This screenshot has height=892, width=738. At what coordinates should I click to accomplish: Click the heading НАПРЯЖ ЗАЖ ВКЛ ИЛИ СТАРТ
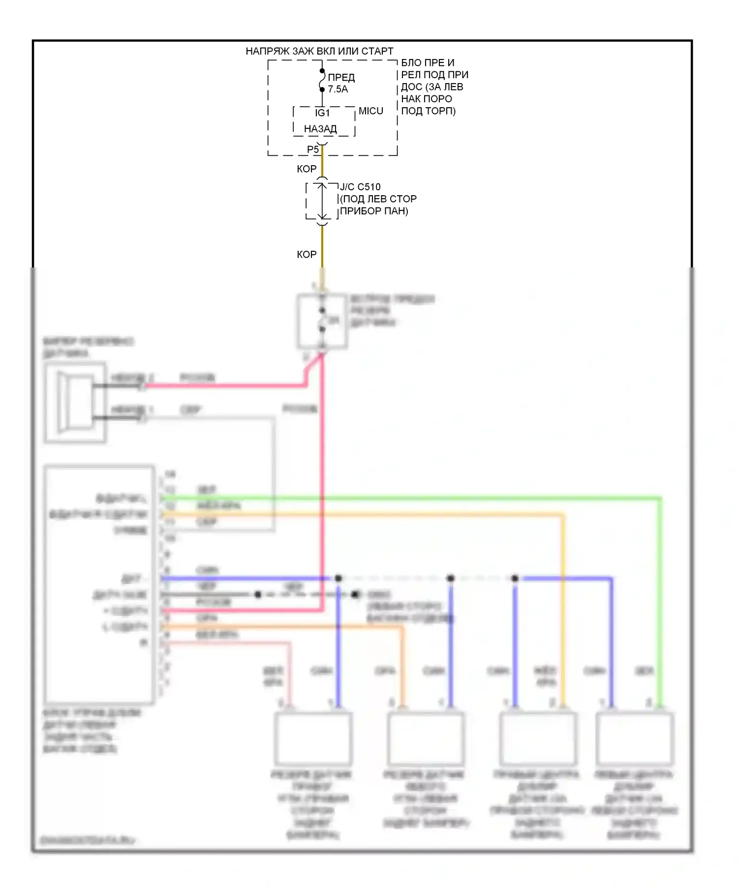(x=319, y=51)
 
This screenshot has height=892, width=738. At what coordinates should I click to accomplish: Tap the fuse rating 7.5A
(x=338, y=89)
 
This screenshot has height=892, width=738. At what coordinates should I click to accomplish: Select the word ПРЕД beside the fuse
(x=341, y=78)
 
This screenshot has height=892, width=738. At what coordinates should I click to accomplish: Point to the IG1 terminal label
(x=322, y=113)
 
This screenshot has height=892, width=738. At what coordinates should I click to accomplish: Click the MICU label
(x=371, y=111)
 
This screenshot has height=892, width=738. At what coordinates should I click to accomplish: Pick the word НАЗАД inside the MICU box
(x=320, y=129)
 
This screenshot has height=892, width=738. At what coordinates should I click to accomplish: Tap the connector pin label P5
(x=313, y=149)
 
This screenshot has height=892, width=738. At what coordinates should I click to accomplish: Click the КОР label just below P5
(x=307, y=169)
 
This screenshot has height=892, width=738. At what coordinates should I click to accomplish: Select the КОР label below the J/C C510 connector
(x=307, y=255)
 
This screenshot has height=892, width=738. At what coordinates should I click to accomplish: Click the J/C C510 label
(x=360, y=187)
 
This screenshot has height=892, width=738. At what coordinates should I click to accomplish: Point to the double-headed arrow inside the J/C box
(x=322, y=201)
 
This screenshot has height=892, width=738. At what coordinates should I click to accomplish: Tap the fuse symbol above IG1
(x=322, y=80)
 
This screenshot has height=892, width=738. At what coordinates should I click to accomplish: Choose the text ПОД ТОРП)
(x=429, y=111)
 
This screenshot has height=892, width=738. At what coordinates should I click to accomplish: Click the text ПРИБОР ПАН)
(x=374, y=211)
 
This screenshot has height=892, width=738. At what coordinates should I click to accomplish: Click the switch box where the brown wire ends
(x=322, y=322)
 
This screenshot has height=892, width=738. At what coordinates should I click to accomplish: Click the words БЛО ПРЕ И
(x=428, y=63)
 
